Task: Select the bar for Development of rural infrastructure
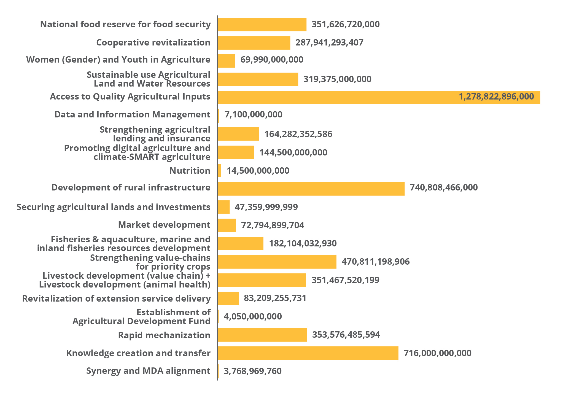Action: coord(311,189)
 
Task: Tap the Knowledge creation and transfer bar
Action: coord(308,353)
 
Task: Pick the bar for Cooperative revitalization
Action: coord(254,43)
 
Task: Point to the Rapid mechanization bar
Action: coord(262,335)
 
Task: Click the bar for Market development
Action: coord(227,225)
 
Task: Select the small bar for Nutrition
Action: coord(220,170)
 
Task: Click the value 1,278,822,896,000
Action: coord(496,96)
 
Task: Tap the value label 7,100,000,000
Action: coord(253,114)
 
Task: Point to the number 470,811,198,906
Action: coord(376,262)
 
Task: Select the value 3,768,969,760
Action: coord(252,371)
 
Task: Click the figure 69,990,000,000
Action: coord(272,60)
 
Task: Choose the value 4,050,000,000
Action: coord(253,316)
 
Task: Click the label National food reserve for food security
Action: coord(125,24)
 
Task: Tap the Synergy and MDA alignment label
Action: coord(148,371)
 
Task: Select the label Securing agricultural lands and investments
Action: coord(113,207)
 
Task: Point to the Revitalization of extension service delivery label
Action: coord(116,299)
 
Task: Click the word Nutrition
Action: coord(190,171)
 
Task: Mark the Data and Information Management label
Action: coord(132,114)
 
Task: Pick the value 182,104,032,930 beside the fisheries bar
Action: coord(303,243)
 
